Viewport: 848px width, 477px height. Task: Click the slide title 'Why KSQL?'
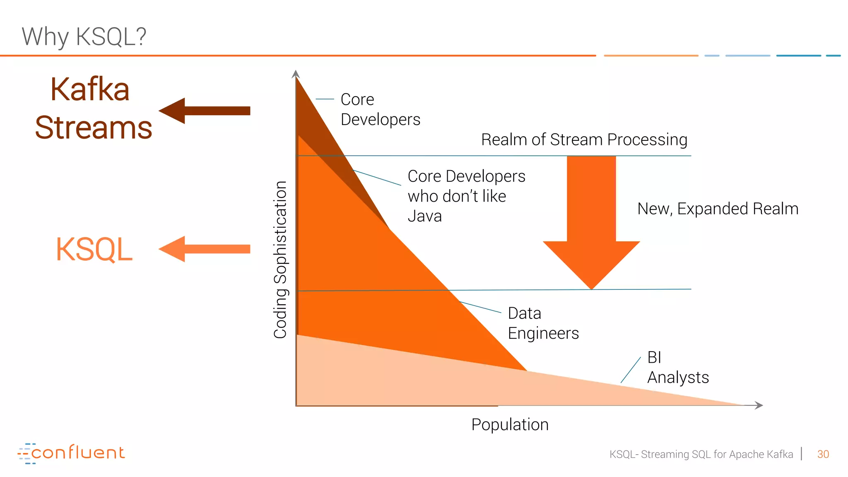(x=84, y=36)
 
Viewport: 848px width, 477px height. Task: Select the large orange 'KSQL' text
(x=94, y=249)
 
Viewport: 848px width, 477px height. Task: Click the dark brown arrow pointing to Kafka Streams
(x=205, y=111)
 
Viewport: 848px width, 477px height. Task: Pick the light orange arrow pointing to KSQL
(x=205, y=249)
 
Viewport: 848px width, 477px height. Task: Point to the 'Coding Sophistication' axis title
(x=280, y=260)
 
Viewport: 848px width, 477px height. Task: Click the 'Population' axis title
(x=510, y=424)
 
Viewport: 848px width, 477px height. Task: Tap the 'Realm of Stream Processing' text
(x=584, y=140)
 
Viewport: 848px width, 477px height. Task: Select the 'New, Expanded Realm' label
(x=718, y=209)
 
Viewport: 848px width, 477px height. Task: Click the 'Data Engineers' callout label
(x=543, y=323)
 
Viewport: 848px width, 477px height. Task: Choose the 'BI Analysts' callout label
(x=678, y=367)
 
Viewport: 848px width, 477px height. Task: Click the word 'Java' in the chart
(x=424, y=216)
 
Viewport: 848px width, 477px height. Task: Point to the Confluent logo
(x=71, y=453)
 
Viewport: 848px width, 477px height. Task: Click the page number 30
(x=823, y=454)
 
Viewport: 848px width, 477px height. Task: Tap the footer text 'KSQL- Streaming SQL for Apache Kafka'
(x=701, y=454)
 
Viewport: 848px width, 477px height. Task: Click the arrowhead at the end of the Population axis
(x=759, y=405)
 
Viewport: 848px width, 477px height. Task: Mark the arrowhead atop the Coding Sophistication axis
(x=296, y=74)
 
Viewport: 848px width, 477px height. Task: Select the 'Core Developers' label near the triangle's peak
(x=380, y=109)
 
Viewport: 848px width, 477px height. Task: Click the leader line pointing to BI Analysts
(x=631, y=370)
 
